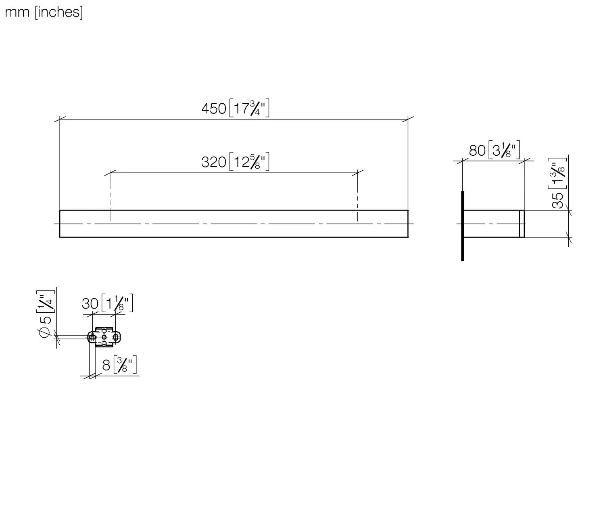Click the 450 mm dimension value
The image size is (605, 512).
pyautogui.click(x=213, y=109)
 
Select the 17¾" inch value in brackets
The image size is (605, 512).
pyautogui.click(x=249, y=109)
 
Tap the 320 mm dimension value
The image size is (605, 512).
pyautogui.click(x=213, y=162)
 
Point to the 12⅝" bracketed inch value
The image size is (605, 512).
pyautogui.click(x=249, y=162)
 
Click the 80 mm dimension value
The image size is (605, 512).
pyautogui.click(x=477, y=150)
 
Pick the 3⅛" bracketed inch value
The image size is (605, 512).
pyautogui.click(x=504, y=150)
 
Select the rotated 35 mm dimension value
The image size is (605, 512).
pyautogui.click(x=558, y=200)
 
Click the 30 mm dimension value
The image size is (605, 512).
pyautogui.click(x=90, y=303)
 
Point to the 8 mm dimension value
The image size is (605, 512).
pyautogui.click(x=106, y=365)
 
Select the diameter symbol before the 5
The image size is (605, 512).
pyautogui.click(x=45, y=332)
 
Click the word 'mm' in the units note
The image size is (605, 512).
pyautogui.click(x=17, y=12)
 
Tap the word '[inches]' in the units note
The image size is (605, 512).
pyautogui.click(x=59, y=12)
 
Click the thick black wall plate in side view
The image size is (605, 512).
pyautogui.click(x=462, y=226)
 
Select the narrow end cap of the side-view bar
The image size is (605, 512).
pyautogui.click(x=522, y=224)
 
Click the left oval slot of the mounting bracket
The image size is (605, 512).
pyautogui.click(x=92, y=337)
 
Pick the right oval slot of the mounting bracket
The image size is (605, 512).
pyautogui.click(x=116, y=337)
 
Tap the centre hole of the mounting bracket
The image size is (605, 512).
pyautogui.click(x=104, y=337)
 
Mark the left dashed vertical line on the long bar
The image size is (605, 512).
pyautogui.click(x=110, y=198)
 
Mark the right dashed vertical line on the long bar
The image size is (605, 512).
pyautogui.click(x=357, y=198)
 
